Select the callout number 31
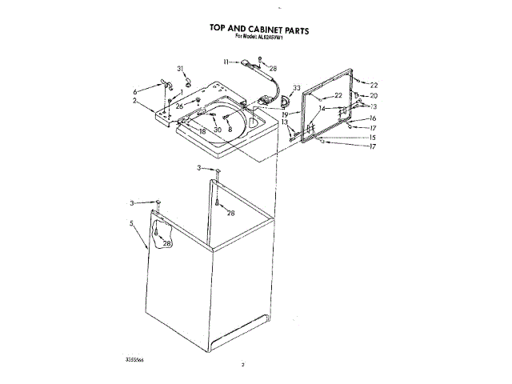pyautogui.click(x=180, y=68)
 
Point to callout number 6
pyautogui.click(x=135, y=91)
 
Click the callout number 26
pyautogui.click(x=179, y=106)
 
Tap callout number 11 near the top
pyautogui.click(x=226, y=61)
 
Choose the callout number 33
pyautogui.click(x=297, y=87)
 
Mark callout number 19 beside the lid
pyautogui.click(x=284, y=114)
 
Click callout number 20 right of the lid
pyautogui.click(x=373, y=96)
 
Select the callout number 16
pyautogui.click(x=372, y=118)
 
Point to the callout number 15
pyautogui.click(x=372, y=138)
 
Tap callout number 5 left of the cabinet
pyautogui.click(x=131, y=224)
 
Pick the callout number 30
pyautogui.click(x=217, y=130)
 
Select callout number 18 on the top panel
pyautogui.click(x=202, y=130)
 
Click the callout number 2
pyautogui.click(x=135, y=102)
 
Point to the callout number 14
pyautogui.click(x=322, y=107)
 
